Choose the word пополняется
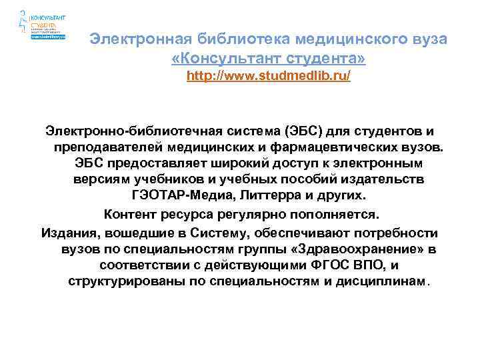[x=331, y=215]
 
